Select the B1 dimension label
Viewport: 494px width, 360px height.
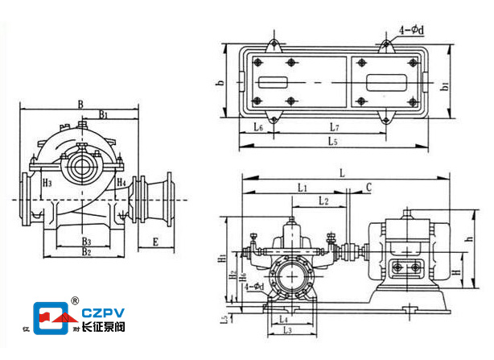(x=105, y=116)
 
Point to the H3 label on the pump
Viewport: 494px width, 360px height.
(x=48, y=184)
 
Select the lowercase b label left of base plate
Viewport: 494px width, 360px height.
(x=219, y=82)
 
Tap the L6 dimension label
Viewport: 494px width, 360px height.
(x=257, y=127)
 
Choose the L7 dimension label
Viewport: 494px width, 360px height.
(x=336, y=127)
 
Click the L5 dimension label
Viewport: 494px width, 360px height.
(x=332, y=142)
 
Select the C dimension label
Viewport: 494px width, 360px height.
(x=368, y=187)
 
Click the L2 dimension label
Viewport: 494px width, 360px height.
(x=323, y=200)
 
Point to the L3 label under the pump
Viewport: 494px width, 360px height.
(x=286, y=330)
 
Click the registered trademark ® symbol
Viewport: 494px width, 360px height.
(x=74, y=300)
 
